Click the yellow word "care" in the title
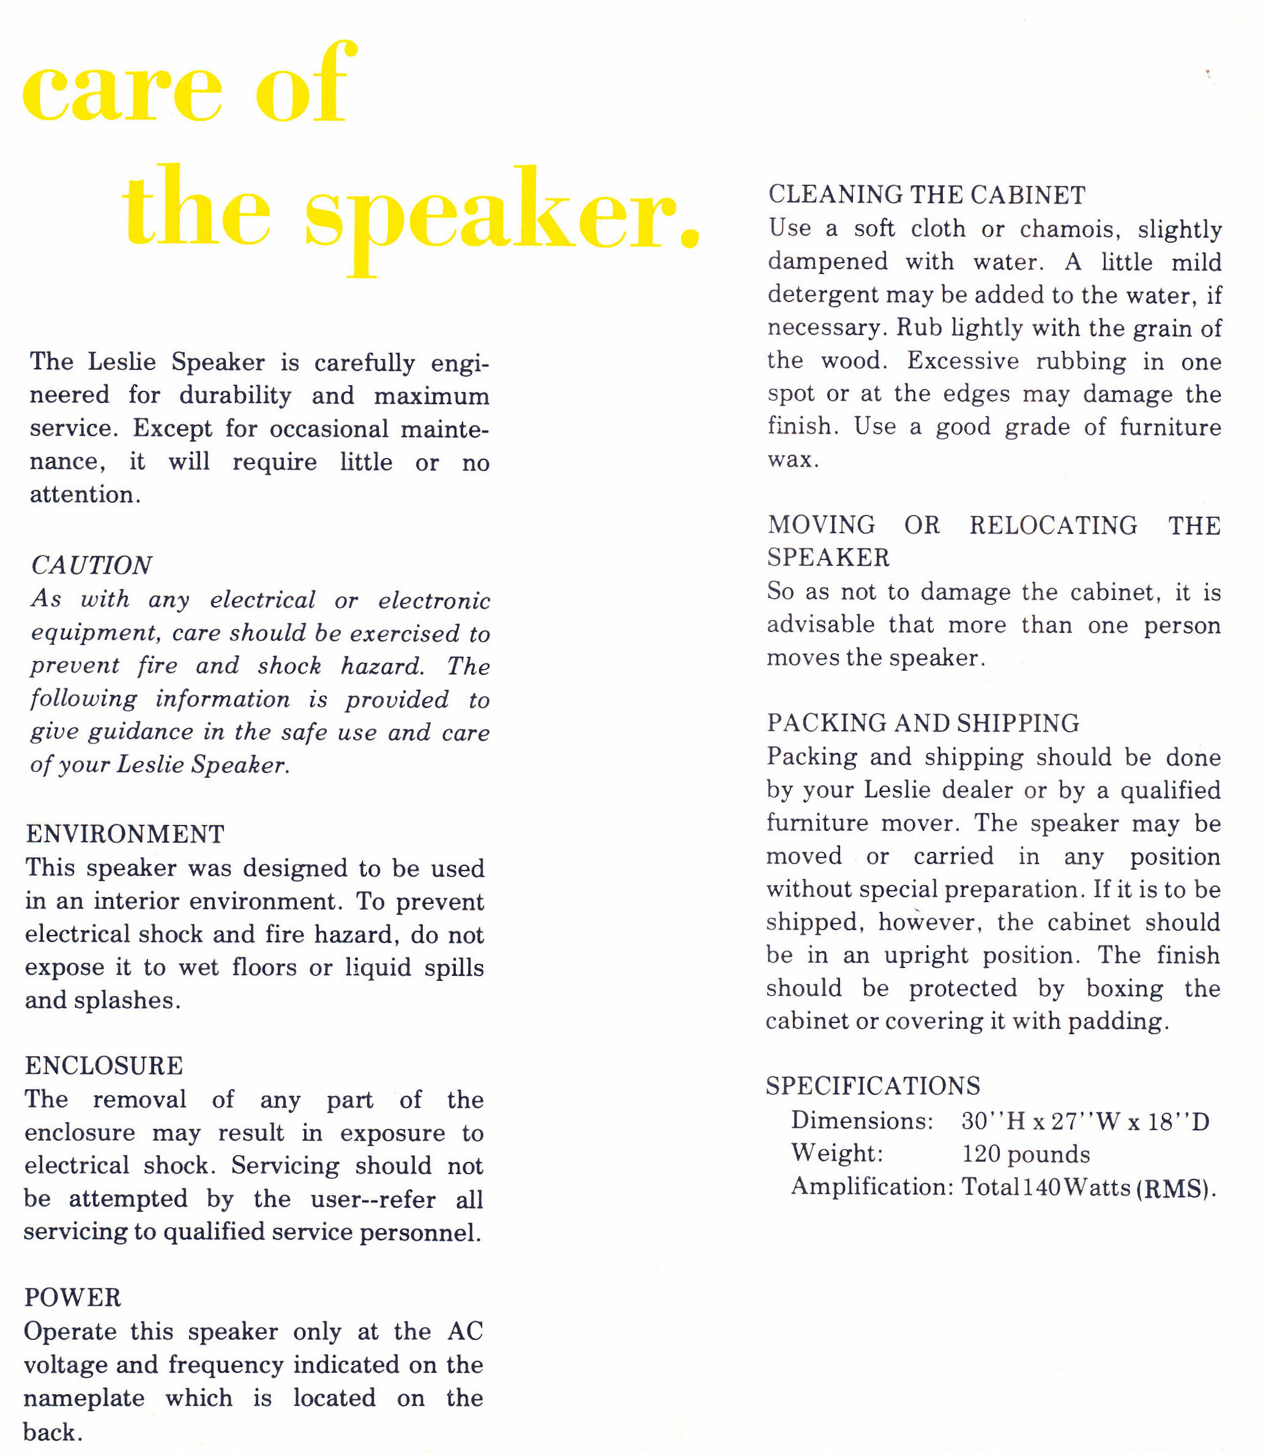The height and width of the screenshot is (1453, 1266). click(122, 90)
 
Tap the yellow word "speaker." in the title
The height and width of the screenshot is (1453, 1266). click(502, 215)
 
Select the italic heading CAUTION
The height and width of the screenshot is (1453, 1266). click(91, 566)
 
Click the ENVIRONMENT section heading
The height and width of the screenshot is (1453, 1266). click(125, 835)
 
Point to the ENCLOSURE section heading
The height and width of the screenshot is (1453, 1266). click(104, 1066)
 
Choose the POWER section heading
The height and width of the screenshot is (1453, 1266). click(73, 1298)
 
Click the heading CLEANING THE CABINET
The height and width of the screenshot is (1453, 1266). click(927, 195)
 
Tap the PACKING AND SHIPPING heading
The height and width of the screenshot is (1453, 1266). click(923, 723)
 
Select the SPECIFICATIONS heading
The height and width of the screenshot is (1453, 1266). click(873, 1086)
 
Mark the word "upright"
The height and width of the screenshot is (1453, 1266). click(926, 955)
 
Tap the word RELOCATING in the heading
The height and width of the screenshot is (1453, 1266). click(1053, 525)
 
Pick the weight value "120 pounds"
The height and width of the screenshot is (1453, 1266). click(1026, 1155)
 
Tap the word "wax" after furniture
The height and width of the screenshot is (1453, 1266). click(792, 460)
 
